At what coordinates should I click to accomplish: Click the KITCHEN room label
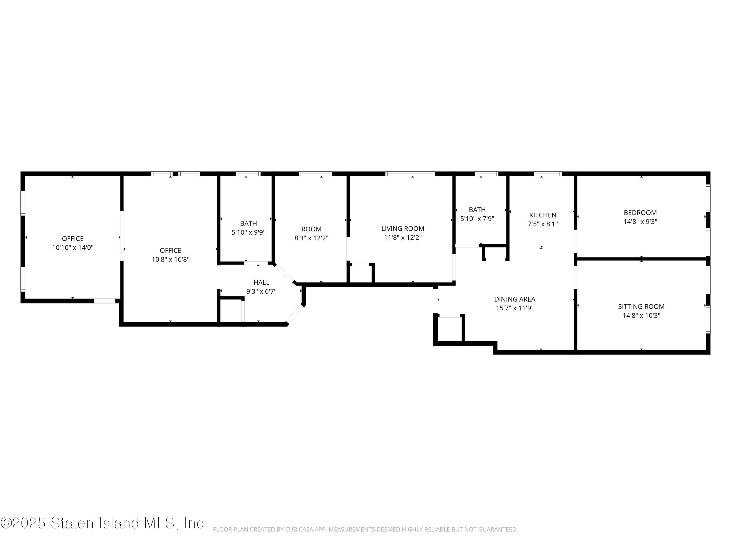point(543,215)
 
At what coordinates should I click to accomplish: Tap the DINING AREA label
point(515,299)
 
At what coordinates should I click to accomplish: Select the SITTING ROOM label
point(641,307)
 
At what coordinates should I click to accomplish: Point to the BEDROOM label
point(640,213)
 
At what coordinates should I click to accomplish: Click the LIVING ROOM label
point(403,229)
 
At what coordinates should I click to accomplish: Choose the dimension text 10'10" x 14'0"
point(73,248)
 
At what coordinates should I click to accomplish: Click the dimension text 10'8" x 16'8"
point(171,260)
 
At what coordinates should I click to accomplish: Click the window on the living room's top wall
point(410,174)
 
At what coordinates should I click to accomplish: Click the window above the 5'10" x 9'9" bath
point(248,174)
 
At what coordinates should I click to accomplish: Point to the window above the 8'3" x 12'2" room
point(315,174)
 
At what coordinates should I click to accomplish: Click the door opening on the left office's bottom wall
point(105,301)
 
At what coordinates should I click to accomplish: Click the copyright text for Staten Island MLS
point(104,523)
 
